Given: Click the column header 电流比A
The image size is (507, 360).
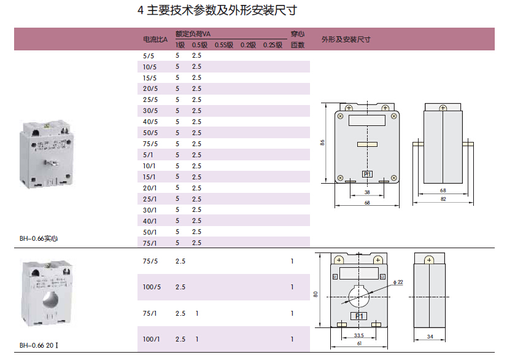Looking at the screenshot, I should click(x=155, y=40).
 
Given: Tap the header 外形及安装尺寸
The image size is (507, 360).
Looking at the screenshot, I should click(x=346, y=39).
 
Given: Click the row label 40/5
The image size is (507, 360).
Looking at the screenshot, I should click(x=150, y=122).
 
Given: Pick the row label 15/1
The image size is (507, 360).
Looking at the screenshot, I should click(x=150, y=177).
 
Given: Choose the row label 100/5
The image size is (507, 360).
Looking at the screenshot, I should click(x=152, y=288).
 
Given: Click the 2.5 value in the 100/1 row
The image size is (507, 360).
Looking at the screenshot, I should click(x=180, y=339).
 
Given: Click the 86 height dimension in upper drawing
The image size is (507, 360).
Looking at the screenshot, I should click(x=323, y=143).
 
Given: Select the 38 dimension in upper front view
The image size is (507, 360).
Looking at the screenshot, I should click(x=367, y=192).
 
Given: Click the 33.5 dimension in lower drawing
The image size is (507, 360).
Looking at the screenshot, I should click(x=359, y=335).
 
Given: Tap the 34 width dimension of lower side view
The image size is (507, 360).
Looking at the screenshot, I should click(x=430, y=336).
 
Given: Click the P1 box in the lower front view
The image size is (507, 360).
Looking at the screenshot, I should click(x=358, y=316).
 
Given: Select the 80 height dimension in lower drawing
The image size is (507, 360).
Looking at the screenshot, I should click(x=315, y=294).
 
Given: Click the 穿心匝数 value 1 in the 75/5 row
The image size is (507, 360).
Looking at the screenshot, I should click(x=292, y=261).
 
